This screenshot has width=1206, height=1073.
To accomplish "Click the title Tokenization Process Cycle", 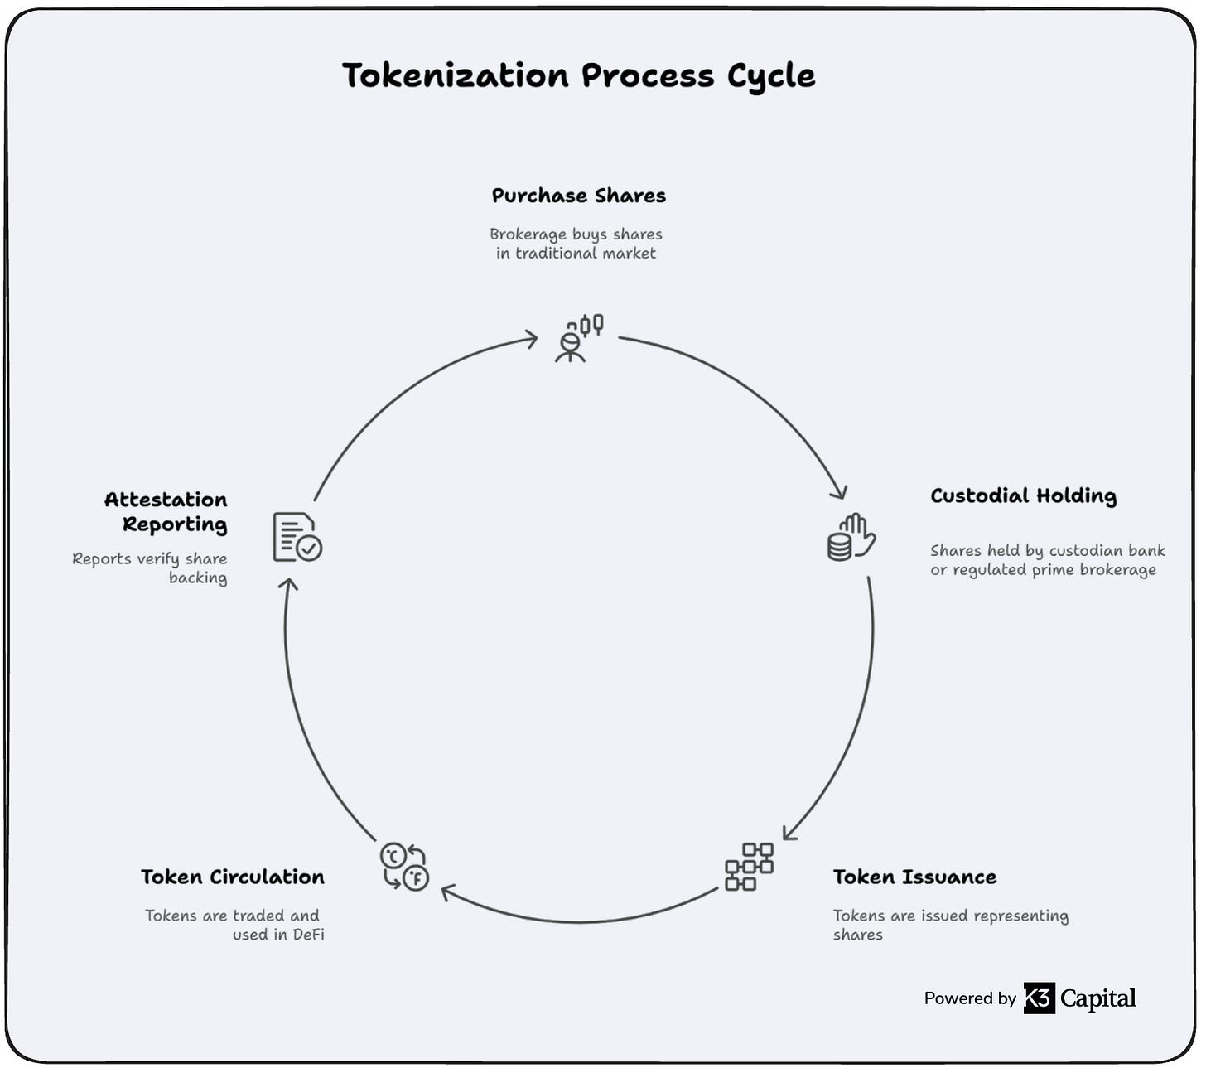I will point(578,75).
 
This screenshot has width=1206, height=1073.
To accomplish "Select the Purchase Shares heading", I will point(578,196).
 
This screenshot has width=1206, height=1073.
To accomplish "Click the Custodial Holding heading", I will point(1023,496).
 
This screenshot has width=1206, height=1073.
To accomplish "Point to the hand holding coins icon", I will point(851,537).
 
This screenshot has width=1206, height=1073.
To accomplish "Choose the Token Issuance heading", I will point(914,877).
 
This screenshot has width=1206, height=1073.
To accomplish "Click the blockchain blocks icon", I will point(749,867).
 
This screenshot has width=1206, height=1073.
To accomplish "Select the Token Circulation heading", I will point(233,877).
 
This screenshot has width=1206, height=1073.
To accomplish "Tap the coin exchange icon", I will point(404,867).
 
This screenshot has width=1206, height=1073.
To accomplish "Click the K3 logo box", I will point(1039,998).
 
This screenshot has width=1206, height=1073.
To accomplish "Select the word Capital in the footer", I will point(1097,998).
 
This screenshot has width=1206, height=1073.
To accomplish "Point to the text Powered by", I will point(970,998).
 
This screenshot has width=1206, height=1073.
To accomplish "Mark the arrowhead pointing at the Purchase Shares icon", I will point(530,338).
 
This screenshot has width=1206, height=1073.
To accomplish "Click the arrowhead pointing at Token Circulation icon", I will point(448,892).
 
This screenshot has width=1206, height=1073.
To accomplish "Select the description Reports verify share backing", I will point(150,568).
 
